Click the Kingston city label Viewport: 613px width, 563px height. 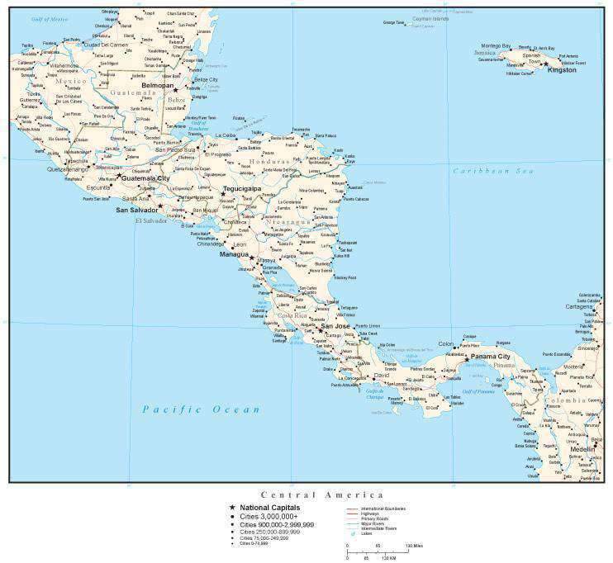click(x=562, y=70)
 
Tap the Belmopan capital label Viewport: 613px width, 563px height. click(x=158, y=85)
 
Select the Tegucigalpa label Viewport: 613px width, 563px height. click(x=241, y=189)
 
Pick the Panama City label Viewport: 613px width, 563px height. click(x=491, y=357)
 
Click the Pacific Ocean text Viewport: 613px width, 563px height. click(x=201, y=409)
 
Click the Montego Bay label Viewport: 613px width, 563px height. click(x=496, y=45)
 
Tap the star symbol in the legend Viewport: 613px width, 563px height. click(x=232, y=508)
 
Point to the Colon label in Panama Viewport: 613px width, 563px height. click(x=446, y=343)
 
